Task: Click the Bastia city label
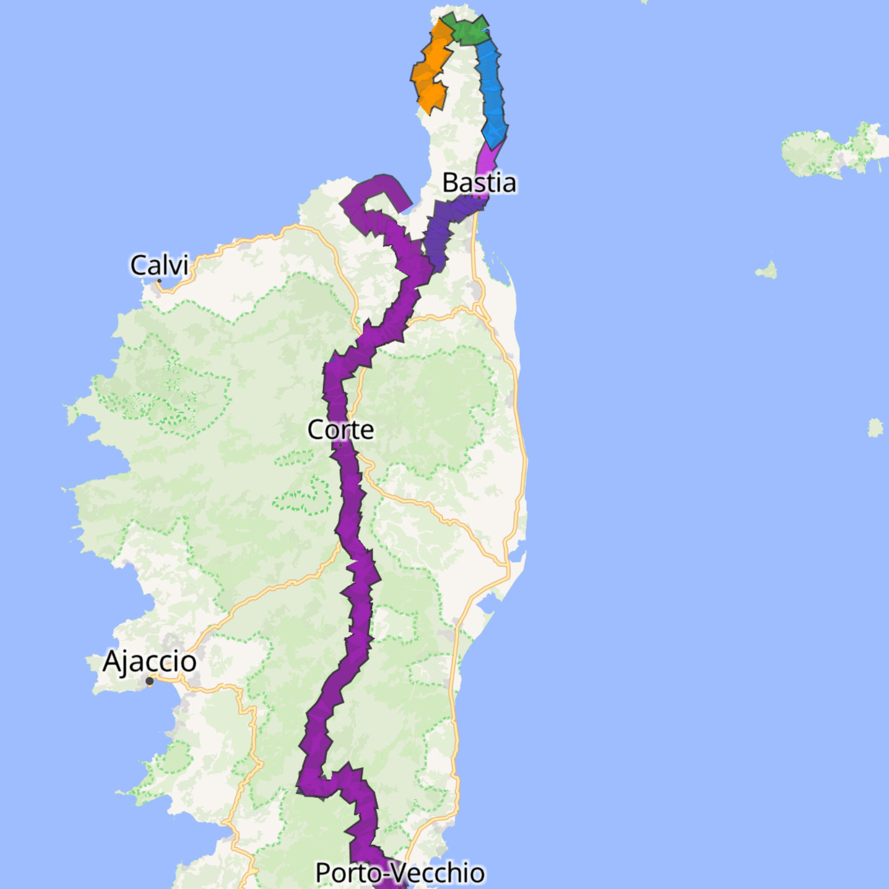(479, 183)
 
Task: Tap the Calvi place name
(159, 265)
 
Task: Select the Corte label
(340, 430)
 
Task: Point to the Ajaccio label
(149, 661)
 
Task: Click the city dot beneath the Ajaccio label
(149, 681)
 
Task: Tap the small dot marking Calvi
(159, 281)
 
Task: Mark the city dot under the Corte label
(340, 445)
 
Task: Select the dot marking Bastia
(479, 198)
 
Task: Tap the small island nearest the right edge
(875, 427)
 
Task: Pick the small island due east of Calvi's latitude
(767, 270)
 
